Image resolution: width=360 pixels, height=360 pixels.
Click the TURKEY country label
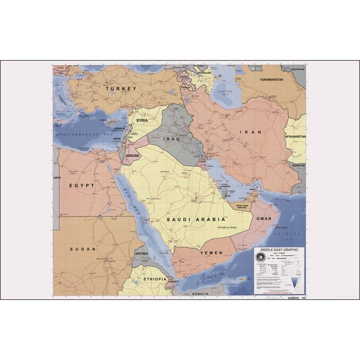[x=121, y=89]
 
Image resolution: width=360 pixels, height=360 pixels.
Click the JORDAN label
[x=132, y=155]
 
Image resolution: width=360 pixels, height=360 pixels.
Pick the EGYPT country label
[x=82, y=186]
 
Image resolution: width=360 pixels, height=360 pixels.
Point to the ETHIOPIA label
[x=155, y=279]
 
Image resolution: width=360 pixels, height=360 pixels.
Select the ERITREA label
[x=142, y=254]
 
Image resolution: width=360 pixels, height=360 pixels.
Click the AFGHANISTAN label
[x=295, y=136]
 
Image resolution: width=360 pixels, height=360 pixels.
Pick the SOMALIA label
[x=201, y=293]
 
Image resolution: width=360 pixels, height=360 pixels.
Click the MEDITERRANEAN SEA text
[x=79, y=134]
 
